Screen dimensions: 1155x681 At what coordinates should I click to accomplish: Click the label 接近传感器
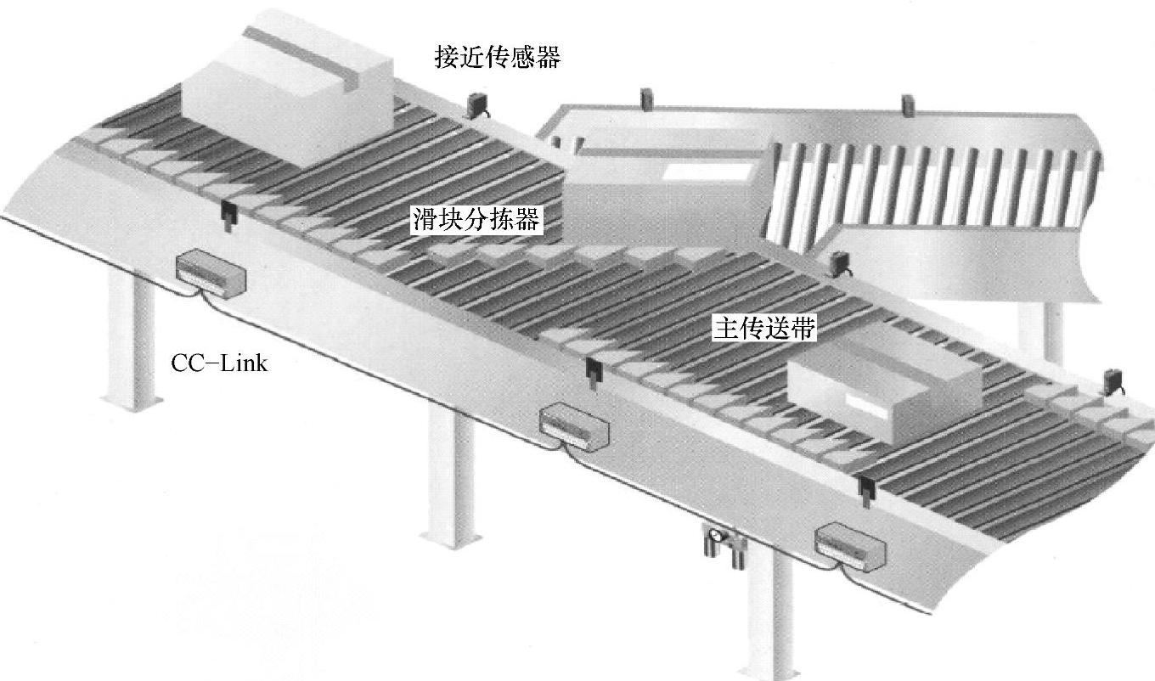pyautogui.click(x=497, y=57)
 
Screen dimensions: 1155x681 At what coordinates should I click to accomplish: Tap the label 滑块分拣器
pyautogui.click(x=476, y=220)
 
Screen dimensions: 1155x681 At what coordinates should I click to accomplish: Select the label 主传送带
pyautogui.click(x=764, y=328)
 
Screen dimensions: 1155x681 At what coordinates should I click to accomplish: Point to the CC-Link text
pyautogui.click(x=219, y=363)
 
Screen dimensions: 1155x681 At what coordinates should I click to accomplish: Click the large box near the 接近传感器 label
pyautogui.click(x=289, y=87)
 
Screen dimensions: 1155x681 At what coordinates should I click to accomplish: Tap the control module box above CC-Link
pyautogui.click(x=211, y=273)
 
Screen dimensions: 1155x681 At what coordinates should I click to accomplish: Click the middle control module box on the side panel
pyautogui.click(x=574, y=428)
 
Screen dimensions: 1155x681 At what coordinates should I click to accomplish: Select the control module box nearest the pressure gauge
pyautogui.click(x=850, y=548)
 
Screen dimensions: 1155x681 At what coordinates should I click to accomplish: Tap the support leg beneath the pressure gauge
pyautogui.click(x=769, y=613)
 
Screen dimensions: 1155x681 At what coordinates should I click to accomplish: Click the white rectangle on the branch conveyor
pyautogui.click(x=706, y=172)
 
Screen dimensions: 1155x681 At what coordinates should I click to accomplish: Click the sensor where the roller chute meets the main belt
pyautogui.click(x=838, y=264)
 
